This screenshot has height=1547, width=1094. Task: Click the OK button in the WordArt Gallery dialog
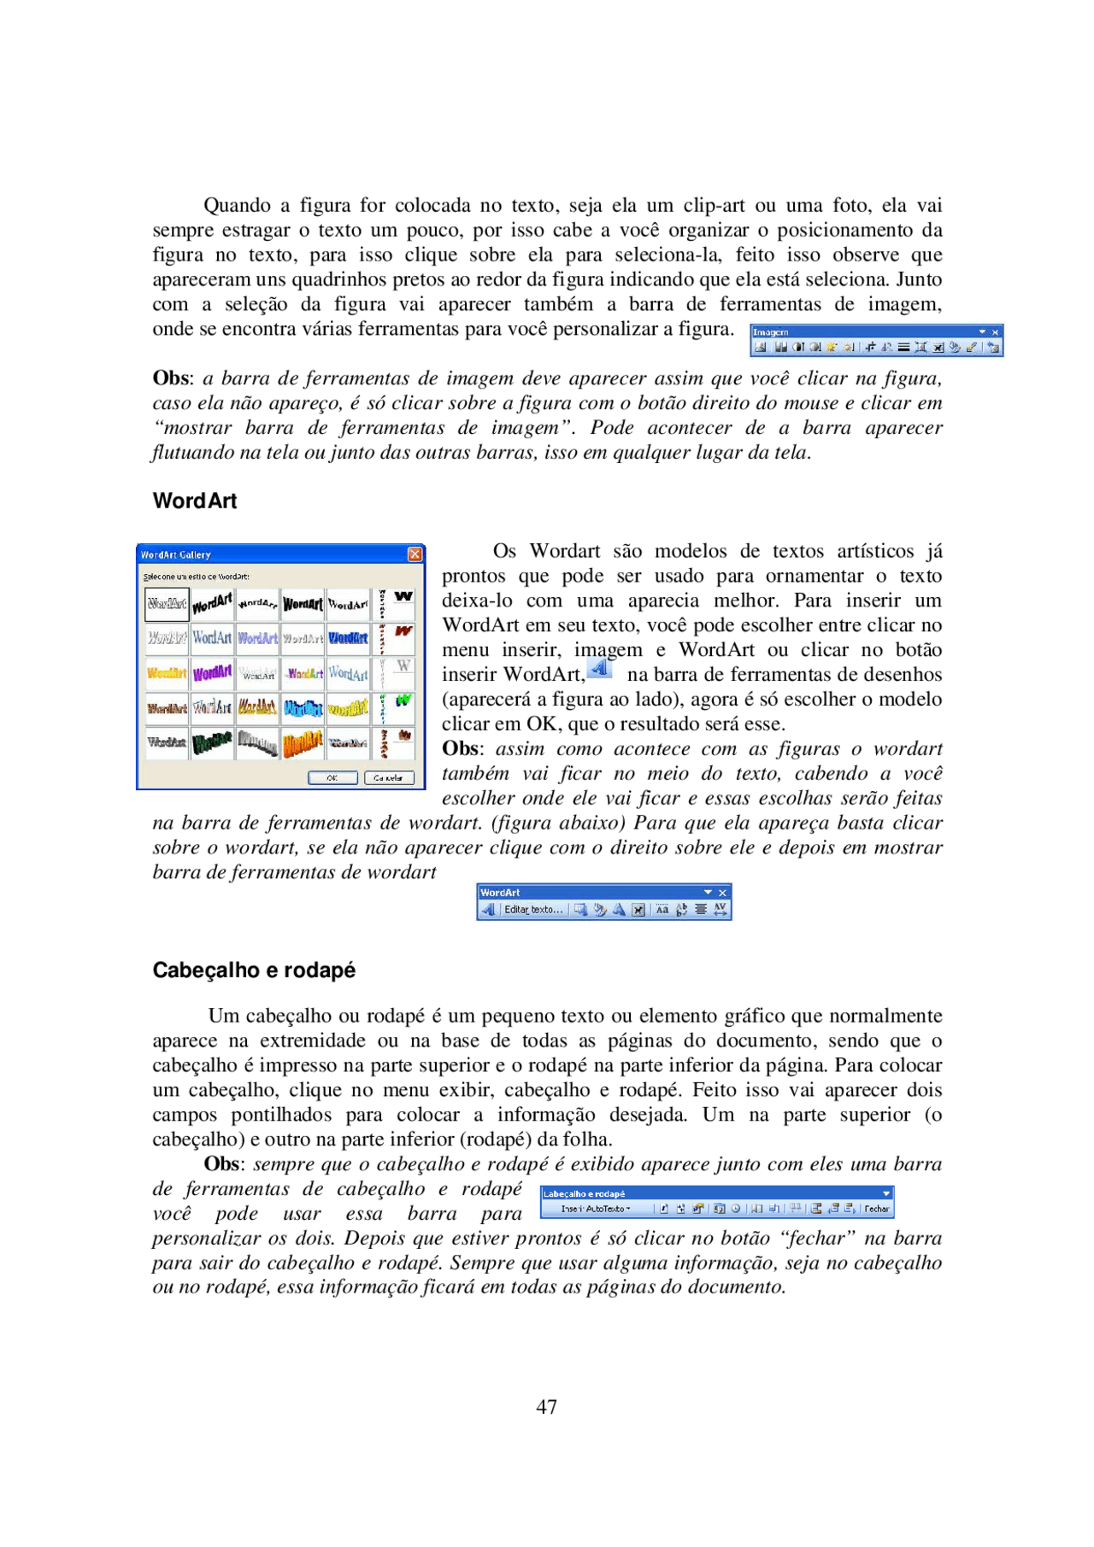332,777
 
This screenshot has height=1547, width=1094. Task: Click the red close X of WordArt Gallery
415,554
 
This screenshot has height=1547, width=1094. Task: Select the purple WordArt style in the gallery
212,673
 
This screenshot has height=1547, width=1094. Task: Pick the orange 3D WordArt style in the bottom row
303,742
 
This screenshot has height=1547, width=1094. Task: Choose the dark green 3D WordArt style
212,742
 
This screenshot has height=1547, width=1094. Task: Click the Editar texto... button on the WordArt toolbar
532,910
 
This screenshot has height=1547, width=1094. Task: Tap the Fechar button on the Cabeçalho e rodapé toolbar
876,1209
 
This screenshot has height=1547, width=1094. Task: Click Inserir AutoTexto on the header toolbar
595,1209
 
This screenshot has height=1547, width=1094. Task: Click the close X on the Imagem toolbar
995,332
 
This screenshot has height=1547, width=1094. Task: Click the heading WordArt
195,501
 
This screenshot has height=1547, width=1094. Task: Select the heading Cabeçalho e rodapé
254,970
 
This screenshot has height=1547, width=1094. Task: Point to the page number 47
546,1407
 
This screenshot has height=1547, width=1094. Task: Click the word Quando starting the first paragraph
237,206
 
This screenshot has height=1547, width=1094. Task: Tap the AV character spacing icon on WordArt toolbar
721,910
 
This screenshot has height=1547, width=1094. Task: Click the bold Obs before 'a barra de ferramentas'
171,378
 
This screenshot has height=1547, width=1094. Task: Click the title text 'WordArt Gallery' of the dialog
176,555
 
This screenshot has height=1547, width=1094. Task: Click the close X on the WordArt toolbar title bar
722,893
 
